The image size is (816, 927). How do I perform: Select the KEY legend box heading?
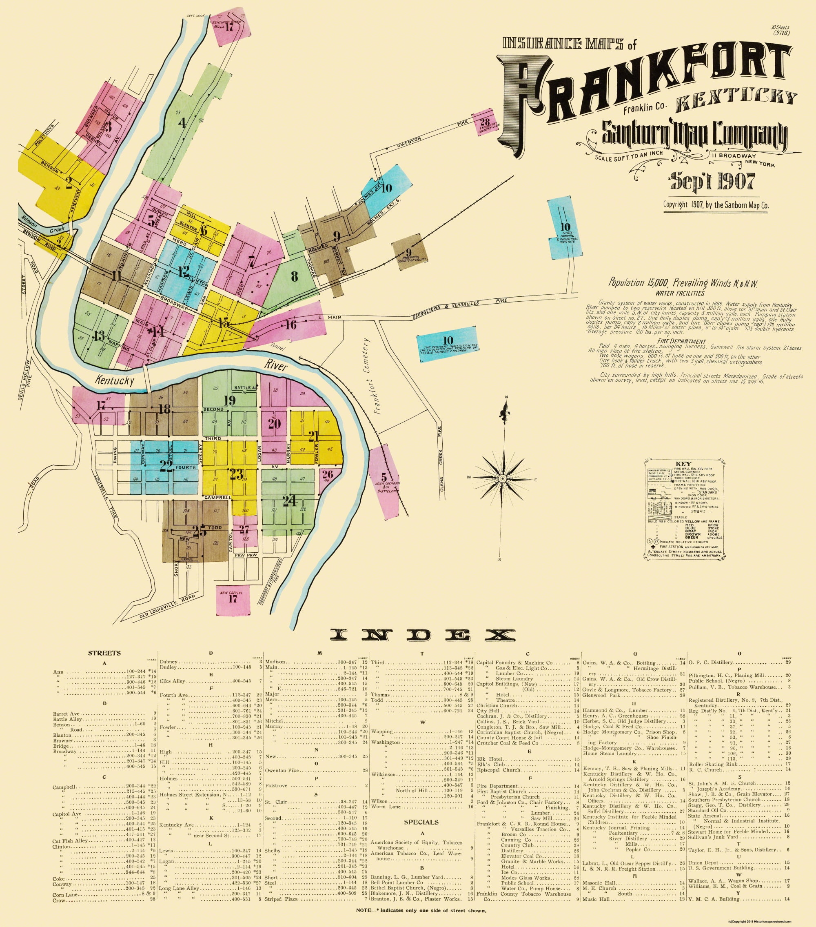[683, 464]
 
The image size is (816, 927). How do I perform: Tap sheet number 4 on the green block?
[182, 123]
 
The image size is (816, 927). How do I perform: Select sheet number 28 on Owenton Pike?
[485, 122]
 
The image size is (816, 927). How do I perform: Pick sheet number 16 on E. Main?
[290, 324]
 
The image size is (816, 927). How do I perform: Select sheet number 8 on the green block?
[294, 276]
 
